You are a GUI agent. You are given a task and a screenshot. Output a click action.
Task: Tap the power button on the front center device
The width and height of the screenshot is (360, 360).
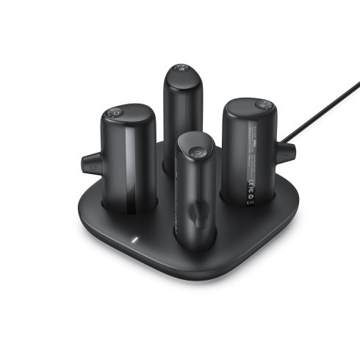(x=196, y=152)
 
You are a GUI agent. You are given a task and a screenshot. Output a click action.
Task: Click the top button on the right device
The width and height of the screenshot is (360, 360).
(x=259, y=105)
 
